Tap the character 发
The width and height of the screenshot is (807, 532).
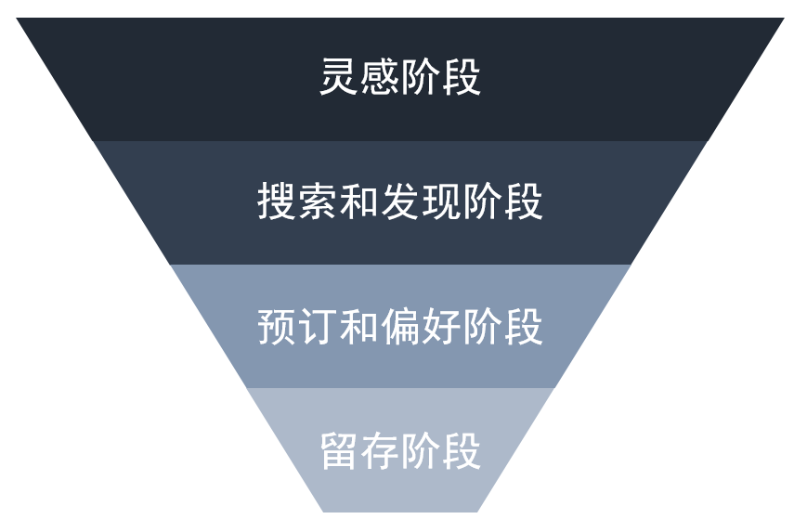(400, 201)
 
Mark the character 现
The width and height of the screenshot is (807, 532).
(441, 201)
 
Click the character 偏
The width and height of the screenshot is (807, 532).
(400, 327)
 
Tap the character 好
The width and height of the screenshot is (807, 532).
(441, 327)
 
